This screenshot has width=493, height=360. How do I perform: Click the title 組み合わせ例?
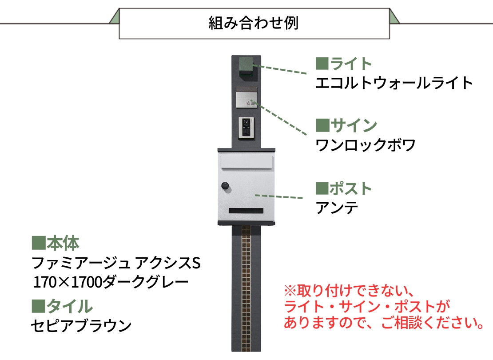tap(254, 23)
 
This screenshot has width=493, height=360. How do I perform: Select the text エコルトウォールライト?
tap(394, 83)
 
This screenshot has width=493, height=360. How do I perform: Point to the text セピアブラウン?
tap(81, 326)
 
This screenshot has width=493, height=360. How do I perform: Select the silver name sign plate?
tap(246, 100)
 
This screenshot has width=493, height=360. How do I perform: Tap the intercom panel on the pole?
tap(246, 127)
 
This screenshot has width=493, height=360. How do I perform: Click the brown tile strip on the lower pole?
tap(246, 289)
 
